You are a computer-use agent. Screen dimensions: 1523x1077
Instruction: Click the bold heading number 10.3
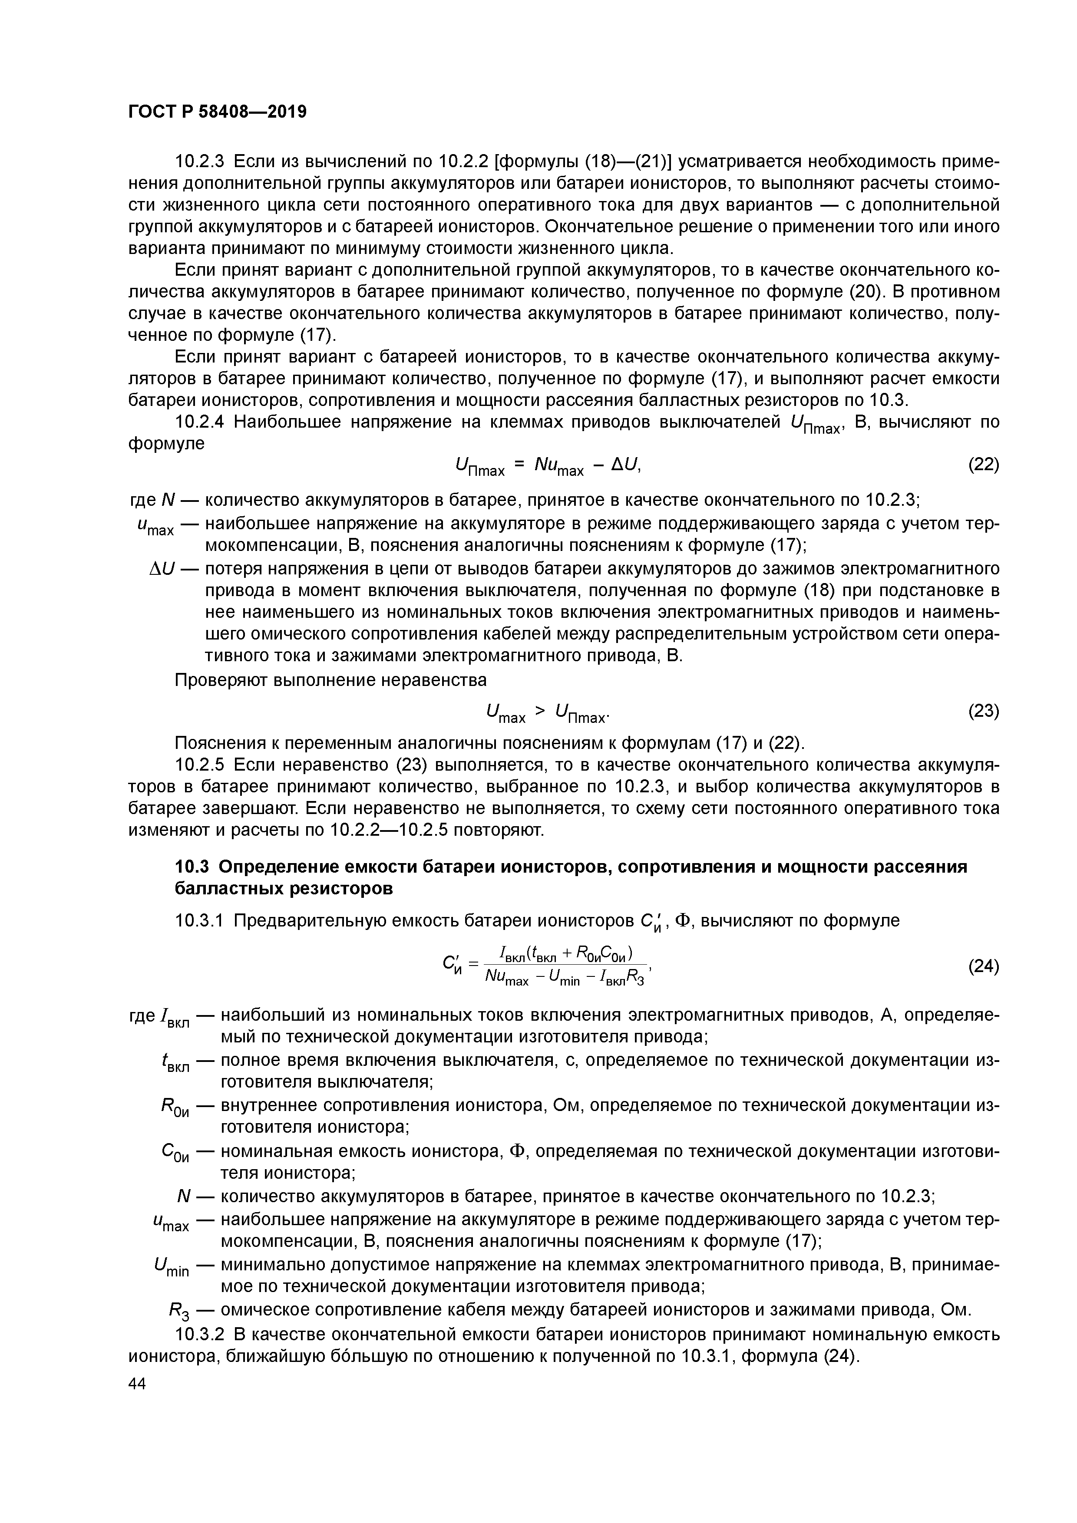click(192, 867)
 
